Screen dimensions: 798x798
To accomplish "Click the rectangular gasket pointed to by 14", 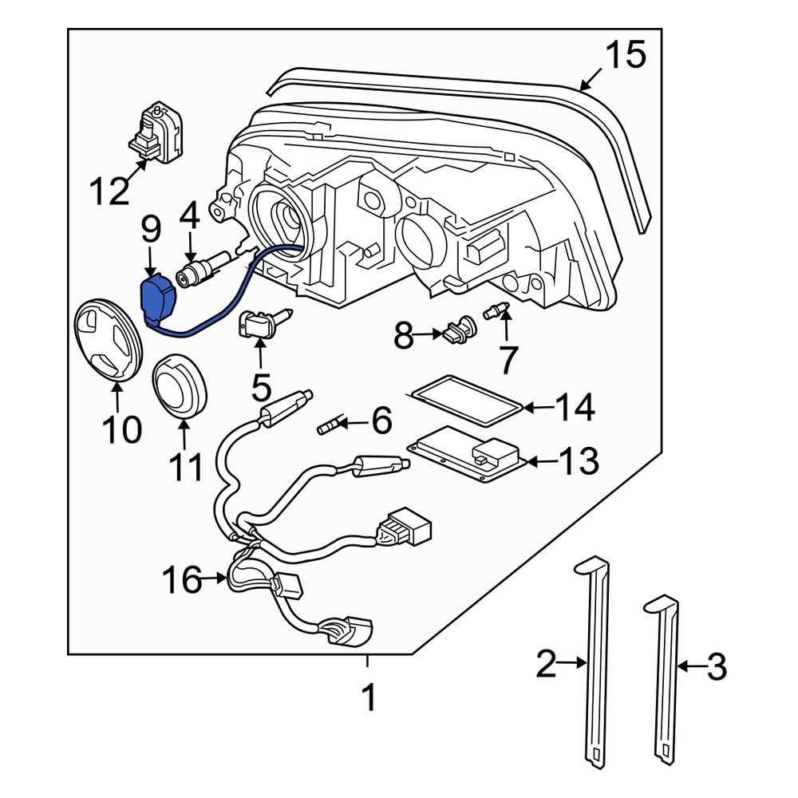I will pyautogui.click(x=467, y=400).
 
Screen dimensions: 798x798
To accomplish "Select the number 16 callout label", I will pyautogui.click(x=181, y=580).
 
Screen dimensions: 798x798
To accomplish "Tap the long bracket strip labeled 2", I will pyautogui.click(x=594, y=654).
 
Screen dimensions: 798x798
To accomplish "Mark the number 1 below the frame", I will pyautogui.click(x=368, y=699).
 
